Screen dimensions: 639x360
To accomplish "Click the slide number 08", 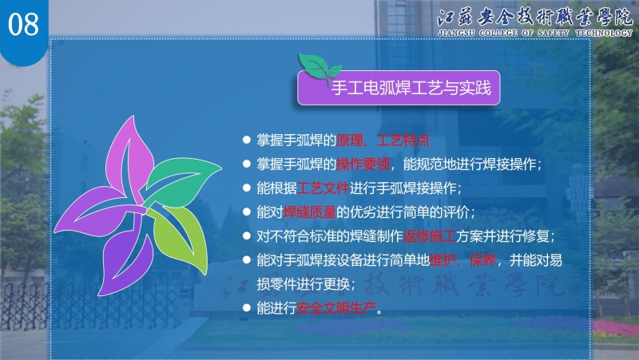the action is tap(23, 24).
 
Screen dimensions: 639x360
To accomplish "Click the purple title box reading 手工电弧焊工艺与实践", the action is tap(399, 88).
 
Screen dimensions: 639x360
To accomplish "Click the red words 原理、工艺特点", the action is tap(383, 140).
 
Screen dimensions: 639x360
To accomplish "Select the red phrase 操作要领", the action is tap(363, 164).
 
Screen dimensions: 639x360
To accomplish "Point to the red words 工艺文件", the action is tap(323, 188).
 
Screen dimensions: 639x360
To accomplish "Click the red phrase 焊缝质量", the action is tap(309, 212).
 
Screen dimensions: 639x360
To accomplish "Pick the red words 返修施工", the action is tap(430, 236).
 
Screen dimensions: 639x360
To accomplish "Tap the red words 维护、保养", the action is tap(462, 259).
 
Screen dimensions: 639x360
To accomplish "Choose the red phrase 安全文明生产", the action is tap(336, 308).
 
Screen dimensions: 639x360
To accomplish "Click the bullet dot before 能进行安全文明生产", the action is tap(246, 307).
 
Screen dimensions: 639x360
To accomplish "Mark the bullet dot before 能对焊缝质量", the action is tap(246, 212).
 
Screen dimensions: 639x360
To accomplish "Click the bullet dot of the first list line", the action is tap(246, 140).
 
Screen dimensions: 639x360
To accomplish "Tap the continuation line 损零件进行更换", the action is tap(306, 284).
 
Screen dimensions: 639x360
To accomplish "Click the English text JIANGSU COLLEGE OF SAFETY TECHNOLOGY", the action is tap(534, 33).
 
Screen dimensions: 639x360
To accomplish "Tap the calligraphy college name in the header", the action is tap(535, 17).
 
